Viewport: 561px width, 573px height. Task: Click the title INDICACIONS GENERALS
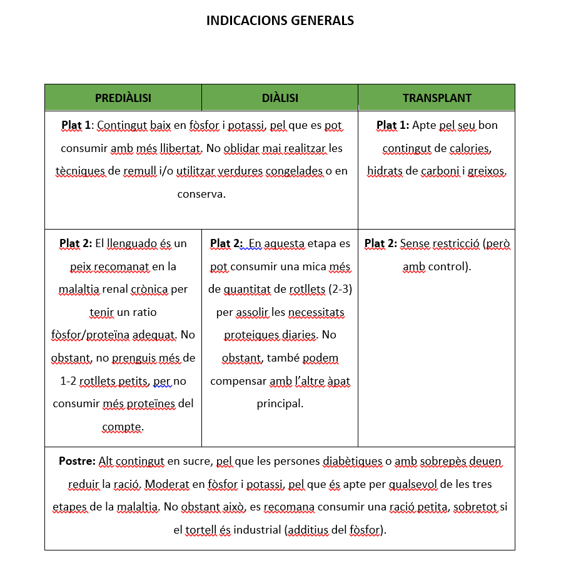(280, 21)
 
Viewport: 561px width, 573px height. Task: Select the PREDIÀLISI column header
(123, 98)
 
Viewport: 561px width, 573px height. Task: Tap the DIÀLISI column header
(280, 98)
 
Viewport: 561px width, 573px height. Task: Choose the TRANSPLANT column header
(437, 98)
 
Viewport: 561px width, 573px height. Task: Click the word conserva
(201, 194)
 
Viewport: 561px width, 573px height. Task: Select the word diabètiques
(352, 462)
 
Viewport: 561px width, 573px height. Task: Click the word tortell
(200, 530)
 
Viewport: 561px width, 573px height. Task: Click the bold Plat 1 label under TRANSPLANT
(392, 125)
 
